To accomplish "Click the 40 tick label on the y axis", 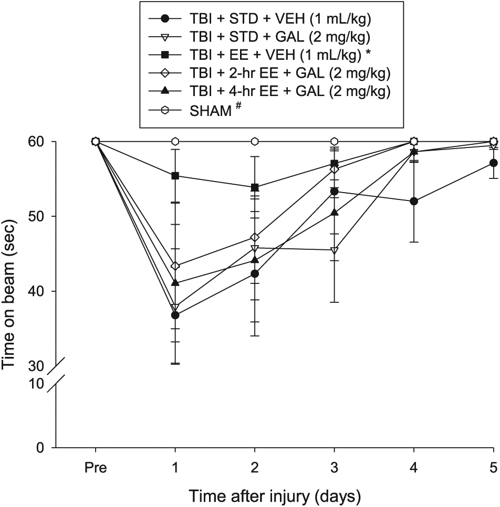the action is coord(36,291).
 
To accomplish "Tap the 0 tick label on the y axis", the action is coord(40,448).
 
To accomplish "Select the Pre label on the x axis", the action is coord(96,468).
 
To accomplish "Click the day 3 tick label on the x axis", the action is coord(335,468).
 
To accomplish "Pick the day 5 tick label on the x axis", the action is coord(494,468).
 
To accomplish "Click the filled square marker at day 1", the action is coord(175,176).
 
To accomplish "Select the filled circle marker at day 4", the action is coord(414,202).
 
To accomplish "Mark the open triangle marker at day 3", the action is coord(335,250).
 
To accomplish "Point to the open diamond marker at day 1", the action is coord(175,266).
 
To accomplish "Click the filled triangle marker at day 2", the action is coord(255,260).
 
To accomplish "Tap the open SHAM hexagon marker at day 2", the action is coord(255,141).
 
